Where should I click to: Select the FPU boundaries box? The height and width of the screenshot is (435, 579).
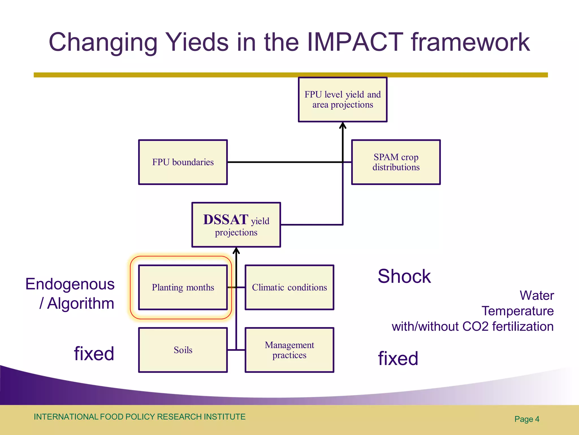tap(183, 162)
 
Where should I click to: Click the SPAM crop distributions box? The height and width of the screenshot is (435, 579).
tap(396, 162)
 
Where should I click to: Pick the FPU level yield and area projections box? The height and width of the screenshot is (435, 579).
tap(343, 99)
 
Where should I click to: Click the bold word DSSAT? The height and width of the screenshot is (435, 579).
tap(226, 219)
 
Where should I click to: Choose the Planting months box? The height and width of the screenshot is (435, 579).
tap(183, 287)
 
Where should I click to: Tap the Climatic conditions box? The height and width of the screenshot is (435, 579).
tap(289, 287)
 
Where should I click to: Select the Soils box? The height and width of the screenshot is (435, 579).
tap(183, 350)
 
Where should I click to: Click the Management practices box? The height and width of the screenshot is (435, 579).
tap(289, 350)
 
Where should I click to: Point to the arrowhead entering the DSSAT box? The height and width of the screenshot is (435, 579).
tap(236, 250)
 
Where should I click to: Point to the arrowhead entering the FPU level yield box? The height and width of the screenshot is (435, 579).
tap(343, 125)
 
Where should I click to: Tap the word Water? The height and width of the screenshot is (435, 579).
tap(536, 295)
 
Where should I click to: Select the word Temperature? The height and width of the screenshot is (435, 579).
tap(517, 311)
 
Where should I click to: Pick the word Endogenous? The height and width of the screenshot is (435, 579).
tap(70, 284)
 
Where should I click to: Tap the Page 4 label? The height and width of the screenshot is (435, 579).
tap(527, 419)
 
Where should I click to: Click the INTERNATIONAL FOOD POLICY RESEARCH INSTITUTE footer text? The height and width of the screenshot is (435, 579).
tap(139, 417)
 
